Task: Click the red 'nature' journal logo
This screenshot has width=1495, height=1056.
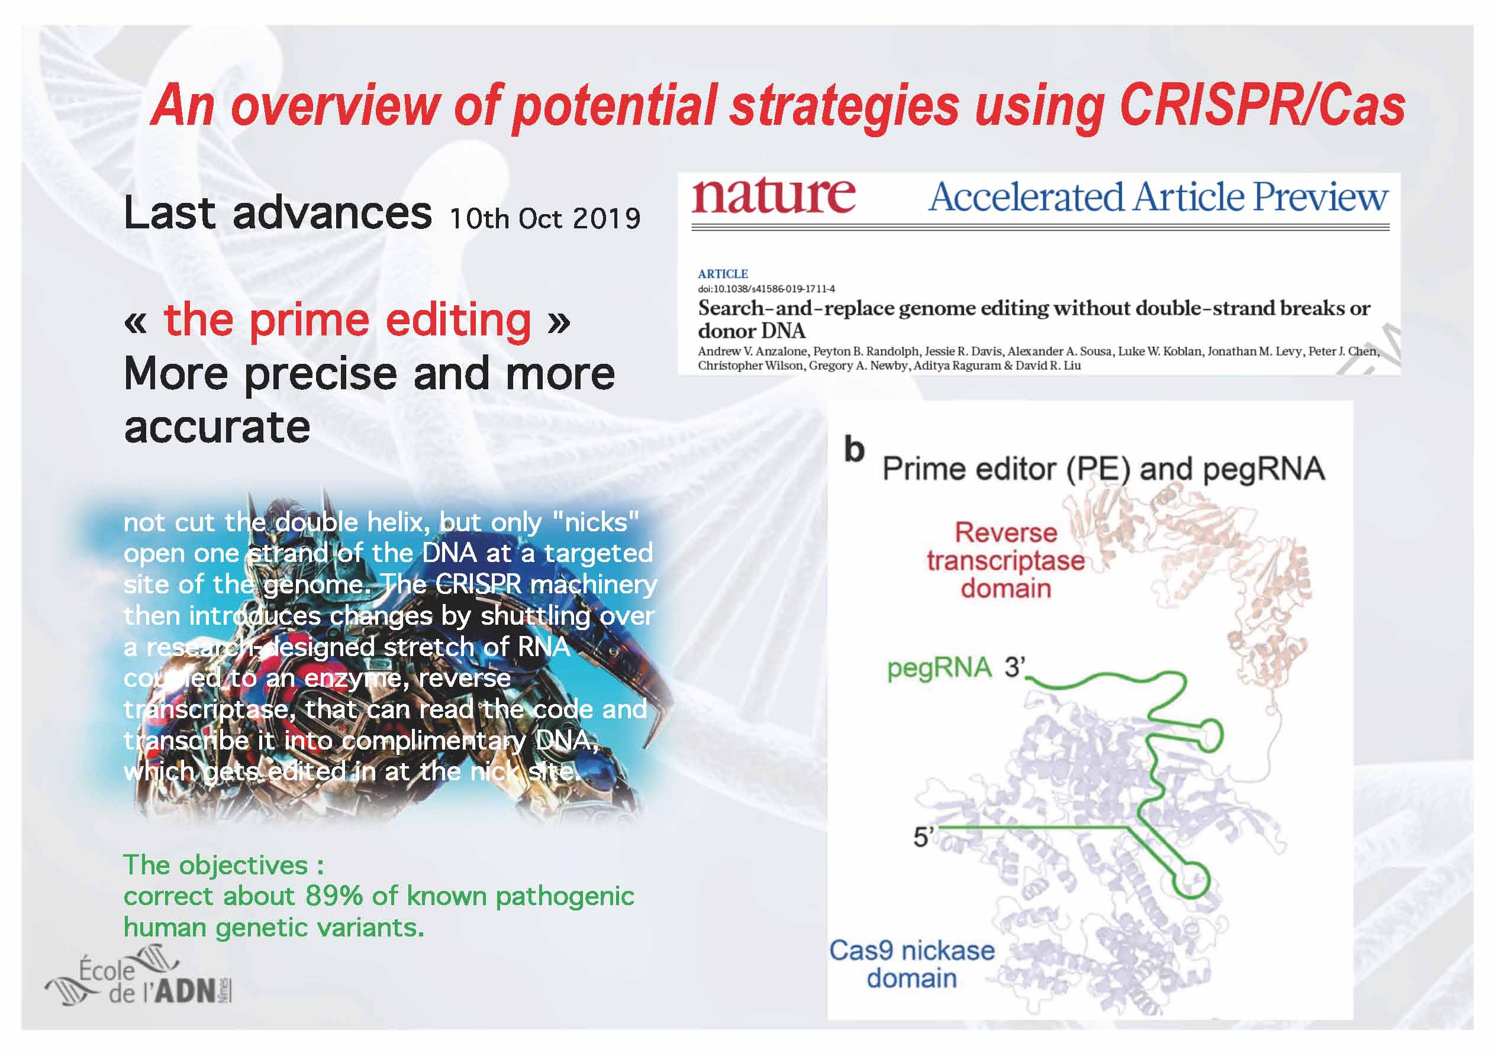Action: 773,195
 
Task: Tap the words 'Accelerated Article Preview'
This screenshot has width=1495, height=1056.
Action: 1158,196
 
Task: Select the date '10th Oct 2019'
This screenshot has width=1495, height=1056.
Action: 544,219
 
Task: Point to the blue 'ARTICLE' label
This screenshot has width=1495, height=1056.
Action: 723,274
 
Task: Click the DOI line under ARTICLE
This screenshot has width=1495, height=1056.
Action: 766,289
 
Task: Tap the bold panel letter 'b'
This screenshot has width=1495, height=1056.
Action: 854,450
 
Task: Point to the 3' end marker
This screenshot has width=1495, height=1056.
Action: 1014,667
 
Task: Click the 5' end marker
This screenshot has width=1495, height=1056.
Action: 924,837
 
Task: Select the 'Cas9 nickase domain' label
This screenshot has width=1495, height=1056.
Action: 911,964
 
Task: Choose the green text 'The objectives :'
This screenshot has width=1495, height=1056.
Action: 224,866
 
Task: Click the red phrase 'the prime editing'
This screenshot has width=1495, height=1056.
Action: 347,320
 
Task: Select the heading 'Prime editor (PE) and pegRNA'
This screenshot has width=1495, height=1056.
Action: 1103,469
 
